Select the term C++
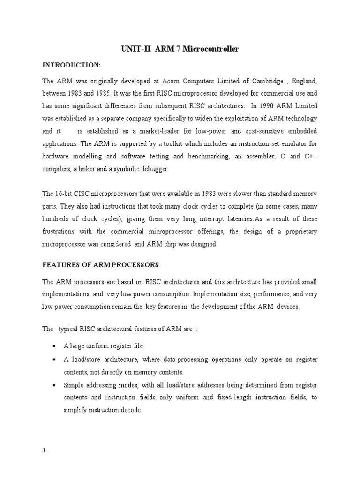310,157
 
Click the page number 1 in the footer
44,451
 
